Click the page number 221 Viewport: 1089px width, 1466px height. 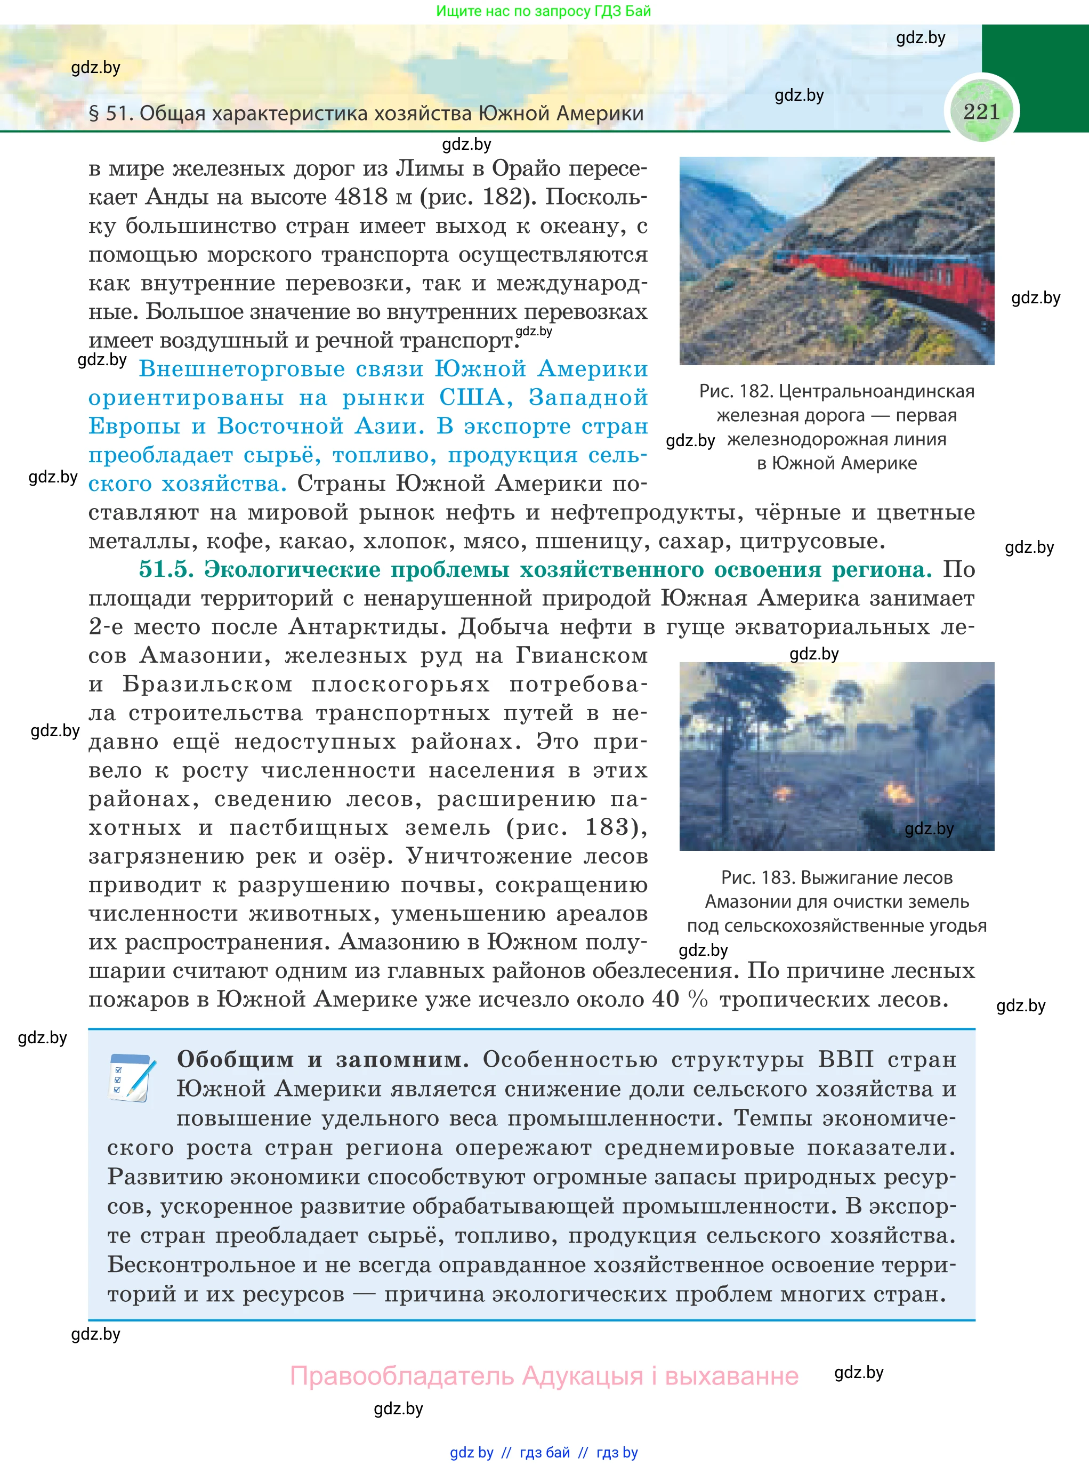pos(981,111)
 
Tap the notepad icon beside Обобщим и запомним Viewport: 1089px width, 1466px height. pos(132,1078)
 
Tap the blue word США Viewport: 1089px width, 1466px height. pos(476,398)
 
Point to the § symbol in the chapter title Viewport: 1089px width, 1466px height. pos(94,114)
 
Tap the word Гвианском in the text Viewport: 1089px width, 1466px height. pos(582,655)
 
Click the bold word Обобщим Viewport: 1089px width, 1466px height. pos(235,1059)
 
